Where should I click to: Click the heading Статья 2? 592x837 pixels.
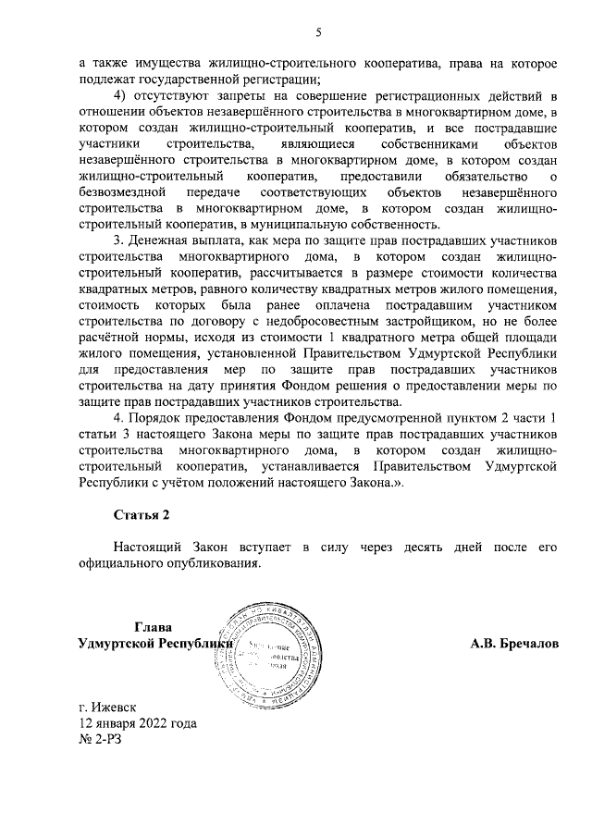point(142,514)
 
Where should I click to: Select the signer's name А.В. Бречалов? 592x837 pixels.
point(513,642)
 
